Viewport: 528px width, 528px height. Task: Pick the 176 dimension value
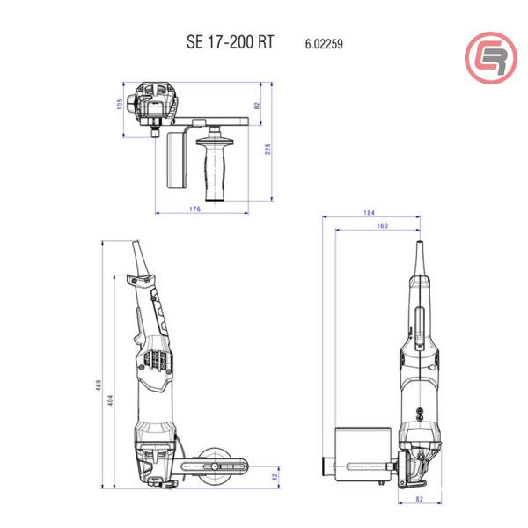[195, 209]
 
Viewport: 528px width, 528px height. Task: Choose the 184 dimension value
[369, 214]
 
